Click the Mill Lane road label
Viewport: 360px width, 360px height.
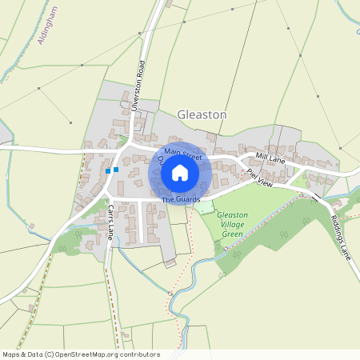[270, 158]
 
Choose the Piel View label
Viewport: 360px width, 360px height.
[260, 178]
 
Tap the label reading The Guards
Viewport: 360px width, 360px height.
[180, 198]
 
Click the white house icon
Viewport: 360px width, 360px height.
[180, 172]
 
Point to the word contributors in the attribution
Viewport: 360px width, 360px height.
[138, 354]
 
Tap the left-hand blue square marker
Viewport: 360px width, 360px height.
[108, 170]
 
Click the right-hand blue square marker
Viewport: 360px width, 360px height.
[116, 170]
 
